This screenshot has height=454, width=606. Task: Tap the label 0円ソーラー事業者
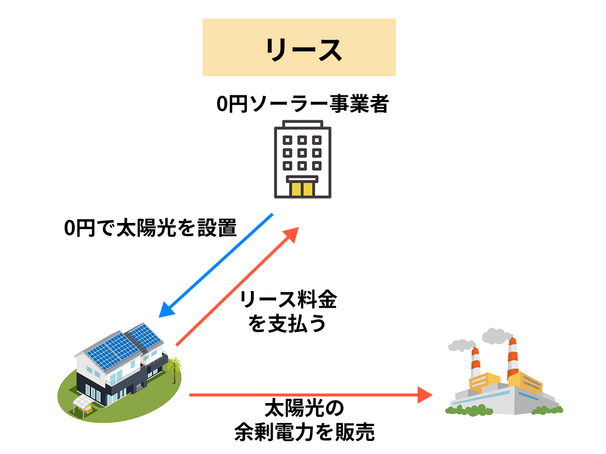click(302, 104)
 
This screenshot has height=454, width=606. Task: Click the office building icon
click(303, 159)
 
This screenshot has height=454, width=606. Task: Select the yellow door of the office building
click(302, 189)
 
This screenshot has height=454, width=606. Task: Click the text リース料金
click(288, 301)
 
